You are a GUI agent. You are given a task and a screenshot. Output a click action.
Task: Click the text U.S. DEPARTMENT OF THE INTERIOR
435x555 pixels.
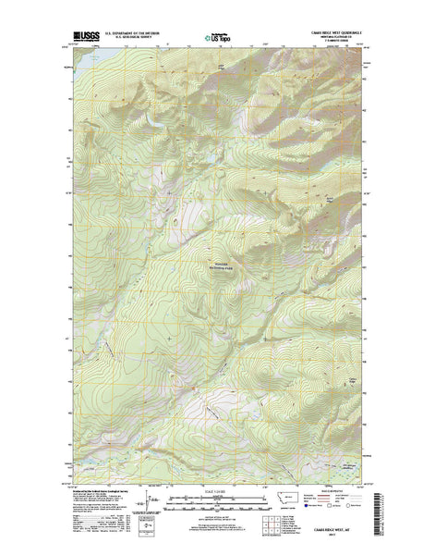(133, 32)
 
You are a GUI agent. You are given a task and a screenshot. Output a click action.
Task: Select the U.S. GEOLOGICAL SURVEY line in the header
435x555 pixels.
(133, 38)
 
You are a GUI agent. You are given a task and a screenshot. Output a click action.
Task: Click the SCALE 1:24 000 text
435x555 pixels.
(218, 488)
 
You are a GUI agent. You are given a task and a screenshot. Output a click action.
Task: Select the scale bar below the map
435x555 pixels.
(218, 498)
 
